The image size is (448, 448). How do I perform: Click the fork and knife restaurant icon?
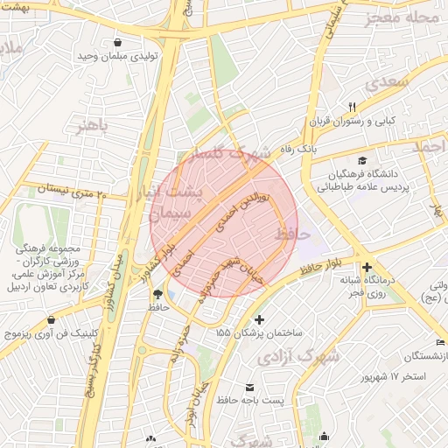point(353,107)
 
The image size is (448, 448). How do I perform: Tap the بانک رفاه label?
point(297,150)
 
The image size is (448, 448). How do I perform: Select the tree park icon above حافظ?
point(157,294)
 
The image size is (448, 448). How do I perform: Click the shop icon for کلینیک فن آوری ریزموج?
point(52,320)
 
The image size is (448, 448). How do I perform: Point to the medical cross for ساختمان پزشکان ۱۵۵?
point(258,319)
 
